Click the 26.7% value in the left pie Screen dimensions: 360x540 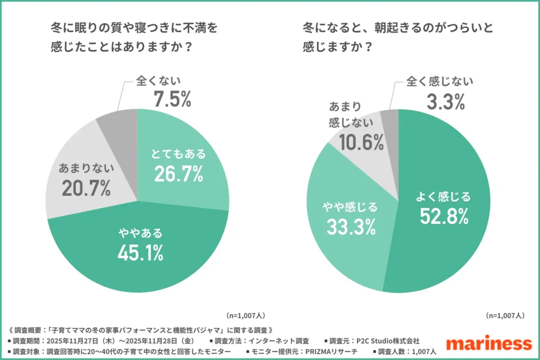[178, 174]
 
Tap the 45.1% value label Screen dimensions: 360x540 [140, 252]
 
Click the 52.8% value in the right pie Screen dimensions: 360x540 [443, 215]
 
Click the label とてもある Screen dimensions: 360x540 [178, 154]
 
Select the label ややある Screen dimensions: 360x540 [140, 232]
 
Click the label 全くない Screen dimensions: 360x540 [158, 81]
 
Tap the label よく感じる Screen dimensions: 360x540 [443, 197]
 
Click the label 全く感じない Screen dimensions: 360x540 [439, 82]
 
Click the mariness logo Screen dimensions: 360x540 [488, 343]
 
